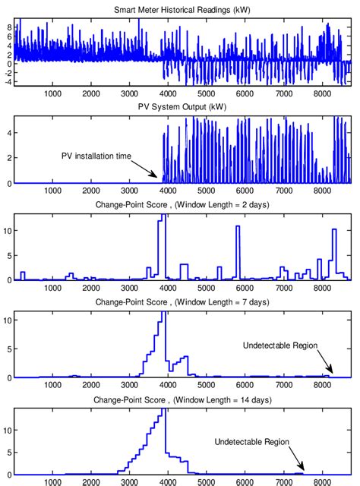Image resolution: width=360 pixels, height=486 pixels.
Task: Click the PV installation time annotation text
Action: (x=96, y=156)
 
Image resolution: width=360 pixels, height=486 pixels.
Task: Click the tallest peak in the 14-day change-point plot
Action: (x=163, y=411)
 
